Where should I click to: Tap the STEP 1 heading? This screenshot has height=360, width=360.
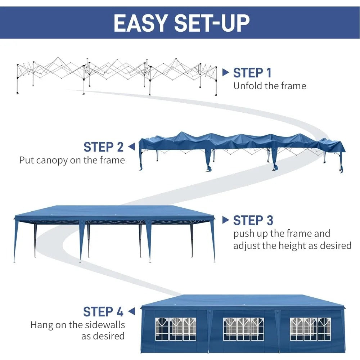tap(252, 72)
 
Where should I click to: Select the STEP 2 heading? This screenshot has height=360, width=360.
tap(104, 147)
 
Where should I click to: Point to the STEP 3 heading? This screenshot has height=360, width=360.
tap(253, 220)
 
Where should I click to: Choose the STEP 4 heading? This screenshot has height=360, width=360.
tap(103, 311)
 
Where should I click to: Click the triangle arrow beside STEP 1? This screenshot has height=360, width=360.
tap(225, 72)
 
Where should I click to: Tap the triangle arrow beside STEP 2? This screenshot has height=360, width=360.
tap(131, 147)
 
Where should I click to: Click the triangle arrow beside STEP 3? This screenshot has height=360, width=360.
tap(225, 220)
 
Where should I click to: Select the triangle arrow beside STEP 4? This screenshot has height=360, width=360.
tap(131, 311)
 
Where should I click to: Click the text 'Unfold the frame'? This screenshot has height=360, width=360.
tap(270, 86)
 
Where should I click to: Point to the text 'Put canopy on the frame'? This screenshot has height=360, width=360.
tap(72, 160)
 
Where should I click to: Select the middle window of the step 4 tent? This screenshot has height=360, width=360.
tap(243, 329)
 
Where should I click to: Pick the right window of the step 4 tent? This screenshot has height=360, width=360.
tap(310, 329)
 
